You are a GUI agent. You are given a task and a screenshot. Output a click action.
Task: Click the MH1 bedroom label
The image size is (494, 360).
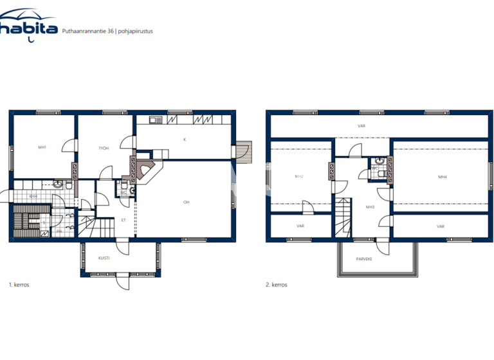point(42,148)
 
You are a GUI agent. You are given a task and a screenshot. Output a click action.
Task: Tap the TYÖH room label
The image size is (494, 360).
point(103,148)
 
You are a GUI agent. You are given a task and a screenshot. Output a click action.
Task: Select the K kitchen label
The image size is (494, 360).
point(185,139)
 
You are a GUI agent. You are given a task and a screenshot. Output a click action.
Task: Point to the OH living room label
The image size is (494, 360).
point(186,203)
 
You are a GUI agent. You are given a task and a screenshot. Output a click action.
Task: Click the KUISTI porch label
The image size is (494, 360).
point(104,258)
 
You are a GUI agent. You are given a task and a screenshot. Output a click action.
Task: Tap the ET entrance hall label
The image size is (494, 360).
point(123,220)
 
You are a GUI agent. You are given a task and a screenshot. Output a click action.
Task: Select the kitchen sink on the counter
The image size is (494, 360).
point(155,120)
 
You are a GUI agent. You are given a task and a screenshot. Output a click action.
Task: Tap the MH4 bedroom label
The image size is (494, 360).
point(442,177)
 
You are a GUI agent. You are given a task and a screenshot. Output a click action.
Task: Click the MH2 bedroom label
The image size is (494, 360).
point(299,176)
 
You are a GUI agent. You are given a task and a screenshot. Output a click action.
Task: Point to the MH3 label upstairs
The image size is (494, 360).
point(370,207)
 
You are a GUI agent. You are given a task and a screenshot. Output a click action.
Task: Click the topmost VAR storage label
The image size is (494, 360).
point(361,126)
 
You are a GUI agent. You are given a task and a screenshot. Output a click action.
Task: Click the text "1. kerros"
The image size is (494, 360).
point(19,285)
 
